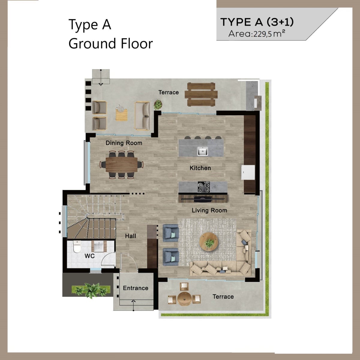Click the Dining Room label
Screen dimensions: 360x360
click(124, 143)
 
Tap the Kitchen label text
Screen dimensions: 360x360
click(200, 168)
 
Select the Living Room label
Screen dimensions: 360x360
click(209, 210)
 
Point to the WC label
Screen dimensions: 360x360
click(90, 256)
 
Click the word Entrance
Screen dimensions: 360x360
click(136, 288)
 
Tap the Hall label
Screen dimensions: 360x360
click(130, 236)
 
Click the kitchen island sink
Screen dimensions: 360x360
click(202, 151)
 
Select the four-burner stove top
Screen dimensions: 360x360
click(204, 187)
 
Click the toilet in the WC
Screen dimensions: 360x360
click(77, 247)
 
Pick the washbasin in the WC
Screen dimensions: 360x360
click(99, 246)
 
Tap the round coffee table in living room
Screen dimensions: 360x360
click(209, 242)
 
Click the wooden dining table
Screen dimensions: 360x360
click(121, 165)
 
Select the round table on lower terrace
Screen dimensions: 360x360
click(184, 298)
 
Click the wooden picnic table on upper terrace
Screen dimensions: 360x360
click(201, 94)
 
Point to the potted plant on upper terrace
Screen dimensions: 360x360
click(158, 104)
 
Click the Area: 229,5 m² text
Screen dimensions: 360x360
click(257, 34)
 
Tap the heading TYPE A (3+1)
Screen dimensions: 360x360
click(257, 22)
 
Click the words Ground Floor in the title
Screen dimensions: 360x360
click(111, 43)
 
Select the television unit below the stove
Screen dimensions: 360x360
click(203, 199)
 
